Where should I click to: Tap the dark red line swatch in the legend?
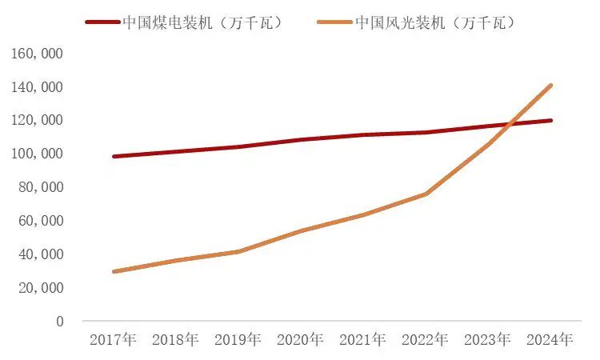tap(103, 22)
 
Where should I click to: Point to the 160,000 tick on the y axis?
tap(36, 54)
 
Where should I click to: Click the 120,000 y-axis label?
tap(36, 120)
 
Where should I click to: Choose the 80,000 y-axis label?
tap(40, 187)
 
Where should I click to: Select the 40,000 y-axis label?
tap(40, 254)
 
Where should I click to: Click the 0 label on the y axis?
tap(59, 321)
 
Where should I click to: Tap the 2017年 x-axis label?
tap(114, 339)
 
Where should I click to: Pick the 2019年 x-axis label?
tap(238, 339)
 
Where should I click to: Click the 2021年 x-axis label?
tap(362, 339)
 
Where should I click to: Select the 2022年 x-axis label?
tap(425, 339)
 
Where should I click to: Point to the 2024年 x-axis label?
tap(550, 339)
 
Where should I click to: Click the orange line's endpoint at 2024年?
tap(550, 86)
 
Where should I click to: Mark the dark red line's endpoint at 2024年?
tap(550, 121)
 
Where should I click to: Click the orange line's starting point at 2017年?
tap(114, 271)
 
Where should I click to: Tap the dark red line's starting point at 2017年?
tap(114, 157)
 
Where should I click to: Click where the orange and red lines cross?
tap(510, 124)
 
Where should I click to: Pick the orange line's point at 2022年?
tap(426, 194)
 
